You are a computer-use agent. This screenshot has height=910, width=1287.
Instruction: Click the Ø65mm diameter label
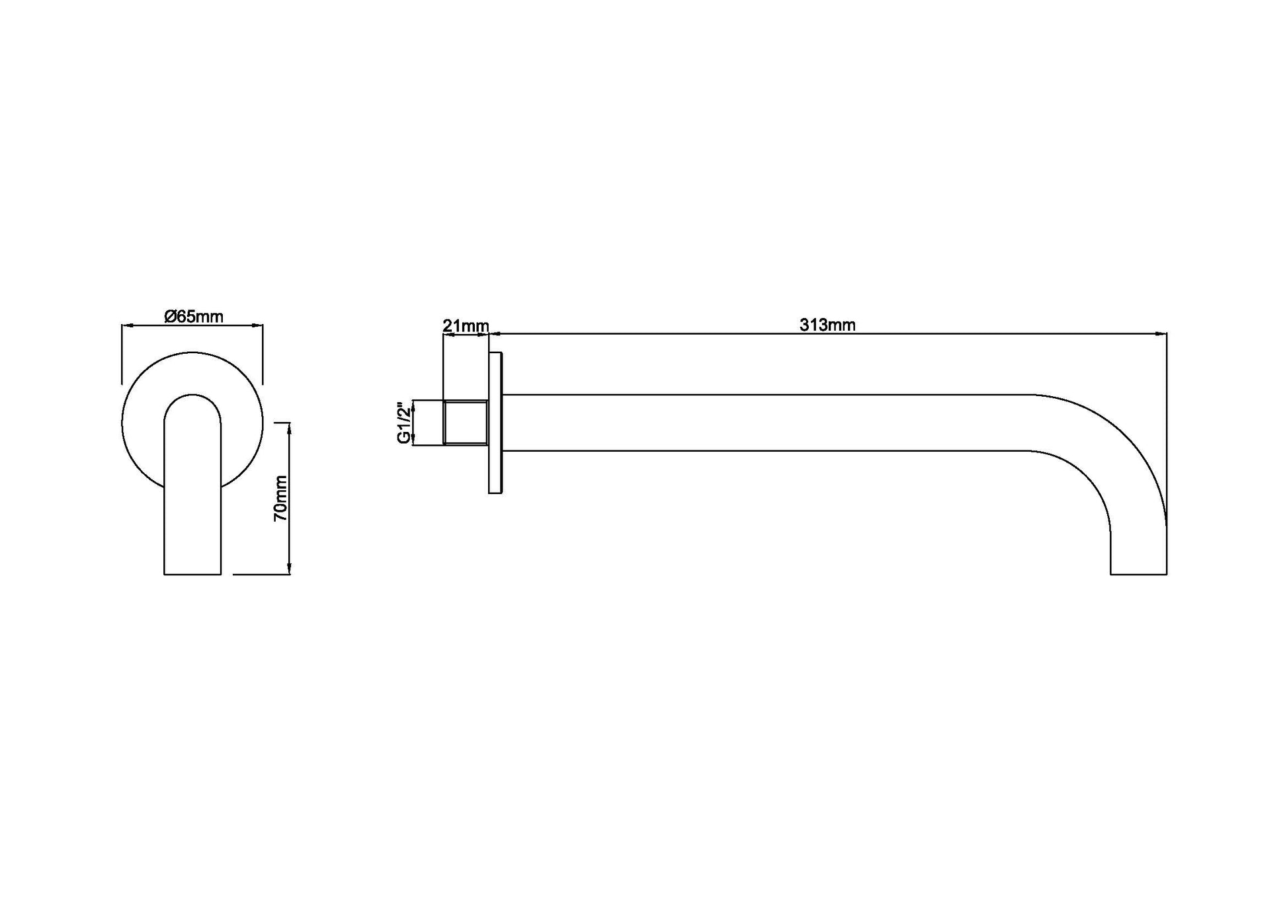(x=193, y=317)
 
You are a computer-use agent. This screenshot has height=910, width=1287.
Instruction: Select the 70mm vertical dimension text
(x=281, y=498)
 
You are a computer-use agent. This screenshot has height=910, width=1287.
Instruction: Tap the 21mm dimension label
(x=466, y=326)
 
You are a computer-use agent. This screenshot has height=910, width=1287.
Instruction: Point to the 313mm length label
(x=827, y=325)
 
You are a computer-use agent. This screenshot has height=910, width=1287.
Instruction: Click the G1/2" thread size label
(x=403, y=423)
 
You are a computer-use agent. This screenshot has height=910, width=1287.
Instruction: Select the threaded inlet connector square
(x=466, y=423)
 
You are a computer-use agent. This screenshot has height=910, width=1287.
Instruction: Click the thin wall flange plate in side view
(x=495, y=423)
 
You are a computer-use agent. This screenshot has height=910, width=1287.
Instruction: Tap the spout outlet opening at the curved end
(x=1138, y=573)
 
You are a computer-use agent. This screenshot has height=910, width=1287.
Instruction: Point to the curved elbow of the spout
(x=1118, y=450)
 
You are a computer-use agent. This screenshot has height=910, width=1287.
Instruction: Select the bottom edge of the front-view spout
(x=192, y=574)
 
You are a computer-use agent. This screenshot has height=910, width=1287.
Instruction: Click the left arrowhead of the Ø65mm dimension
(x=126, y=325)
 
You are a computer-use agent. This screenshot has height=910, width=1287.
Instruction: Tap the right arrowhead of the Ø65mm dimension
(x=259, y=325)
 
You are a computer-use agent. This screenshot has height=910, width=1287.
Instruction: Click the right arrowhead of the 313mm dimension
(x=1163, y=334)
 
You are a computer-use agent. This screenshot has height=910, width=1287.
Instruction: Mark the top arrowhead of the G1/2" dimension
(x=413, y=403)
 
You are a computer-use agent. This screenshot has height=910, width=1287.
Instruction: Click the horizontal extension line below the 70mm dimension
(x=261, y=575)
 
